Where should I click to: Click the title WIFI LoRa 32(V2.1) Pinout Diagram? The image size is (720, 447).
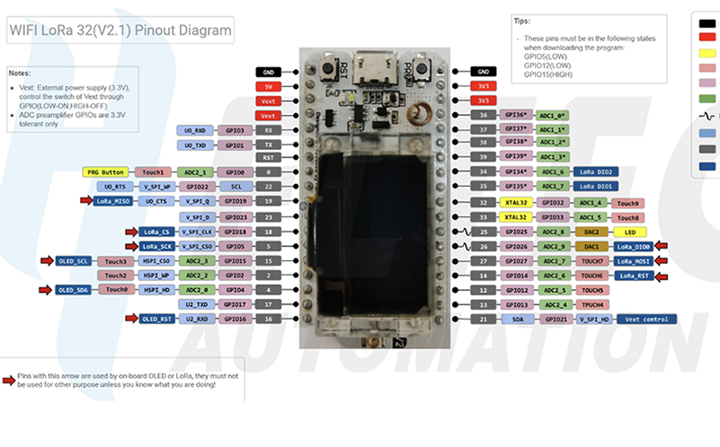pyautogui.click(x=120, y=31)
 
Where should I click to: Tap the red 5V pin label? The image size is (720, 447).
pyautogui.click(x=268, y=86)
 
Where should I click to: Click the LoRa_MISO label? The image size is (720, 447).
pyautogui.click(x=114, y=201)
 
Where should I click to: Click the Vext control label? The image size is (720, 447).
pyautogui.click(x=646, y=319)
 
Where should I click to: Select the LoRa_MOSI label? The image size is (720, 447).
pyautogui.click(x=635, y=260)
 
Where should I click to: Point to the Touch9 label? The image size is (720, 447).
pyautogui.click(x=628, y=204)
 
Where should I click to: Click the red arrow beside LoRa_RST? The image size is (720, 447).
pyautogui.click(x=662, y=276)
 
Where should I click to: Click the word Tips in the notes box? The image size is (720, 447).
pyautogui.click(x=522, y=20)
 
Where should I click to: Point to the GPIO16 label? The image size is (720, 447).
pyautogui.click(x=236, y=319)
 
